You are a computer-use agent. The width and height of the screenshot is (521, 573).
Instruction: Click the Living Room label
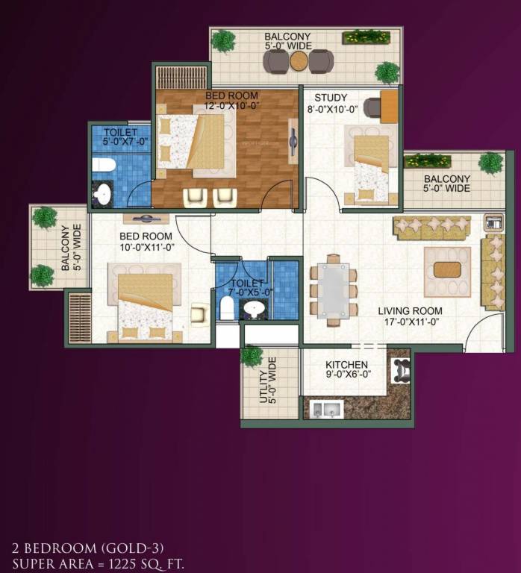(x=410, y=311)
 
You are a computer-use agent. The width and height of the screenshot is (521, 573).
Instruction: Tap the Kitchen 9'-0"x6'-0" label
(x=346, y=365)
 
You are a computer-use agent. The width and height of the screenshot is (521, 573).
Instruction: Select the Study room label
(x=330, y=98)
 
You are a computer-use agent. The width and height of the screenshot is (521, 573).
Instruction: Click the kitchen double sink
(x=326, y=408)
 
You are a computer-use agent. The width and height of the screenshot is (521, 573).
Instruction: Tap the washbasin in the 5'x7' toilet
(x=102, y=194)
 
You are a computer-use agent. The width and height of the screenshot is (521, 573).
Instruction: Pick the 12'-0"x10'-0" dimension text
(x=232, y=106)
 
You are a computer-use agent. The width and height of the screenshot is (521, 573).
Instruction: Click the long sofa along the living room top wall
(x=432, y=227)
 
